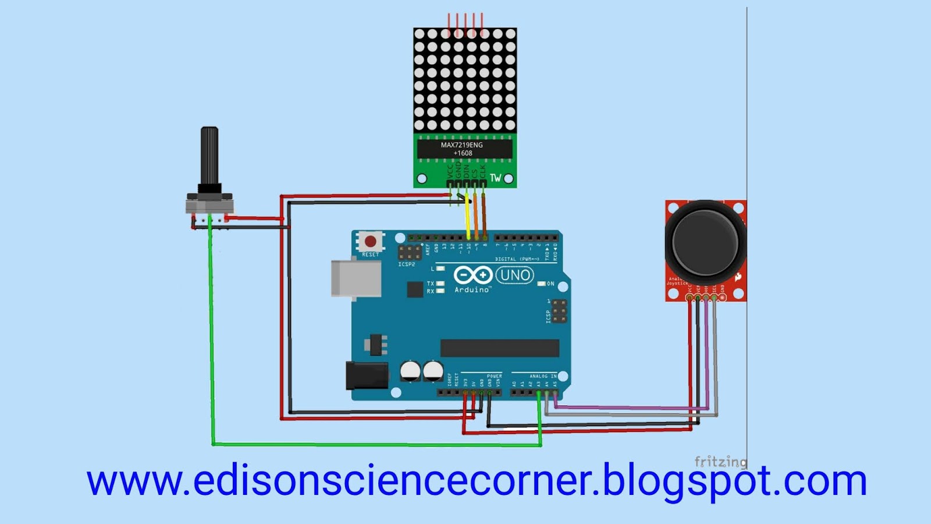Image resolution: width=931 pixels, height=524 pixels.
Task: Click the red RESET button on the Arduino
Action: [x=370, y=241]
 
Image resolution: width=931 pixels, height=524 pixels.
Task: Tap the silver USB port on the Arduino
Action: [x=356, y=278]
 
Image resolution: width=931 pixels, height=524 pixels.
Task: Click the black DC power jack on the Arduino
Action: [x=367, y=375]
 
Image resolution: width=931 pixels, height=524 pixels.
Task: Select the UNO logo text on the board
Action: [x=514, y=275]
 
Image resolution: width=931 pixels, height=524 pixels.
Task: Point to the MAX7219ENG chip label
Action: [x=462, y=145]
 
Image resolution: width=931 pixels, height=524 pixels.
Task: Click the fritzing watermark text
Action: [x=720, y=462]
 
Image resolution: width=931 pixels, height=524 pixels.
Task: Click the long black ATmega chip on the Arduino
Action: [x=499, y=348]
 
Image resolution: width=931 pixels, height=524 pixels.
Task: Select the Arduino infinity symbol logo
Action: [x=473, y=275]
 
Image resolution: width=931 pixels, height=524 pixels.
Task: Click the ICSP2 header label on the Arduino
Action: [x=407, y=264]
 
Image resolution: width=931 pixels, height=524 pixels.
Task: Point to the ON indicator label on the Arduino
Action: [x=550, y=284]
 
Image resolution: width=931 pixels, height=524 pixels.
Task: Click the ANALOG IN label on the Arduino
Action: [x=542, y=376]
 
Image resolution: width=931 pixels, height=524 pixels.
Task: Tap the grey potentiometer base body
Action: [x=209, y=206]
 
